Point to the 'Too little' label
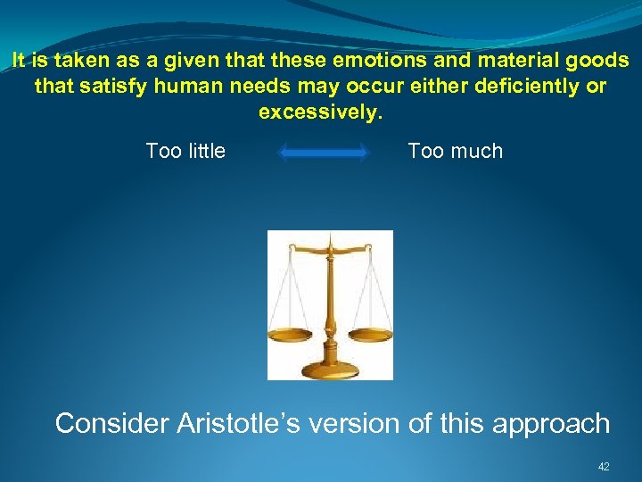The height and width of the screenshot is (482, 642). pos(185,151)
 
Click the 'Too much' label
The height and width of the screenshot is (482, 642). pos(455,151)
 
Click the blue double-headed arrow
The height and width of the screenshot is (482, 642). pos(324,153)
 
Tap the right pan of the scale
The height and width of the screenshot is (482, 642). pos(370,335)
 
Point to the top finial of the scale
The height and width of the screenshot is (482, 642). pos(331,237)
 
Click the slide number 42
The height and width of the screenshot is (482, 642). pos(604,467)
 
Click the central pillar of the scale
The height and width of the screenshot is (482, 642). pos(329,303)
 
